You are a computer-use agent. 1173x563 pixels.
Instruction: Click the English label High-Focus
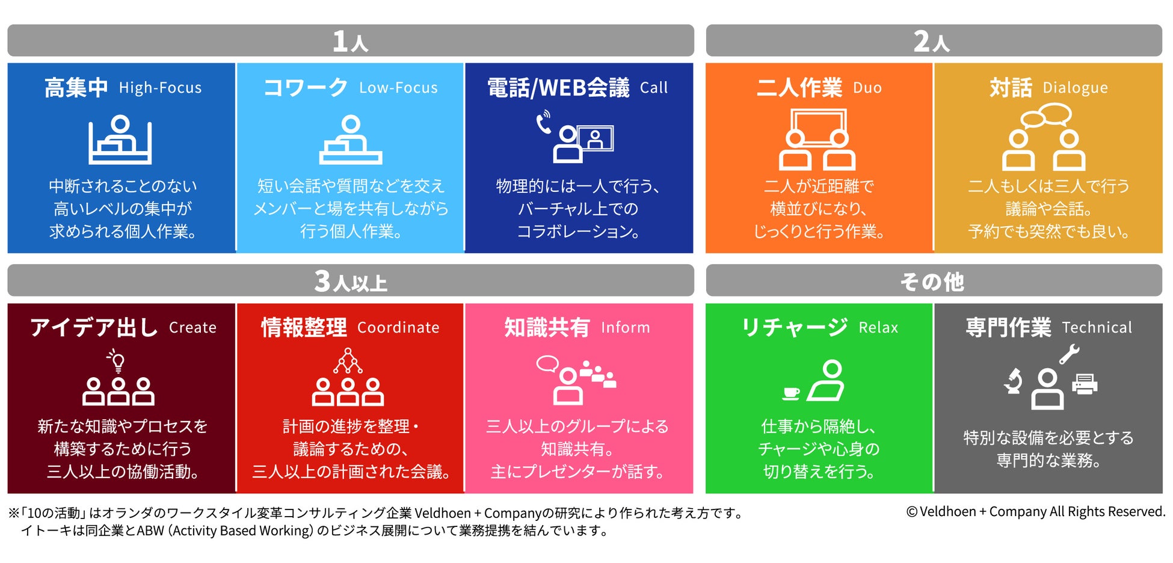click(x=160, y=88)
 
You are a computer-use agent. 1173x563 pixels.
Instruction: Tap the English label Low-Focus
click(x=398, y=88)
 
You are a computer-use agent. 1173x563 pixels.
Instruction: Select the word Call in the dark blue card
click(x=653, y=88)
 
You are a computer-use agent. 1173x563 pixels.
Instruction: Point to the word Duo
click(x=867, y=88)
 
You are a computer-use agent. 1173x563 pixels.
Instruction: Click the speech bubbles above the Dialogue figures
click(x=1047, y=115)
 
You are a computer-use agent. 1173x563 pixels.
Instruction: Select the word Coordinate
click(x=398, y=328)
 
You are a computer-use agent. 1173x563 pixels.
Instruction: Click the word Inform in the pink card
click(x=625, y=328)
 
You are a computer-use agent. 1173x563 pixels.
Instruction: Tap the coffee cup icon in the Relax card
click(x=791, y=393)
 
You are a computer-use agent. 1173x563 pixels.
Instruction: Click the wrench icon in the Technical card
click(x=1069, y=354)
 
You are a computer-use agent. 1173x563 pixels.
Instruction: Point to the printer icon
click(x=1085, y=384)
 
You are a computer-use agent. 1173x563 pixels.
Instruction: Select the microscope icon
click(x=1014, y=381)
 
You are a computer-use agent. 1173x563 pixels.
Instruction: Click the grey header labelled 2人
click(x=933, y=41)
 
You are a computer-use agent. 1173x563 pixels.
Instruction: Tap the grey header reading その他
click(x=933, y=281)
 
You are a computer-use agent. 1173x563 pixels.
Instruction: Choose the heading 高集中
click(x=76, y=88)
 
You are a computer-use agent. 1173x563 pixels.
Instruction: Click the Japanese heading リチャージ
click(x=795, y=328)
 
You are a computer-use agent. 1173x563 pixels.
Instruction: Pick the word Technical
click(x=1097, y=328)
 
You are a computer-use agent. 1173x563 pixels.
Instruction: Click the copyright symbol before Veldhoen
click(x=912, y=512)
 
